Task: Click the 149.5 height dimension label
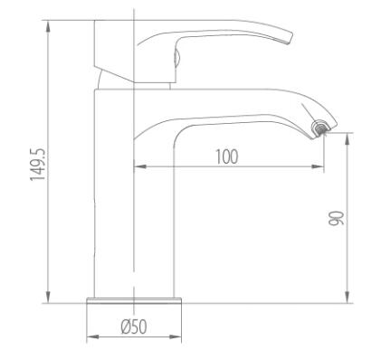pos(38,165)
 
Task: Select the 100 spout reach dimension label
pos(227,156)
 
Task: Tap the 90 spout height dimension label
pos(336,218)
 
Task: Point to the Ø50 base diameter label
pos(134,327)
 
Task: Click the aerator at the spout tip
pos(320,128)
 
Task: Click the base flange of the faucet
pos(134,300)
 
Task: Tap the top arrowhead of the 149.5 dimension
pos(48,26)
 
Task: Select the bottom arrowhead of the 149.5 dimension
pos(48,298)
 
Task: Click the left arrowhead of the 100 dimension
pos(139,166)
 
